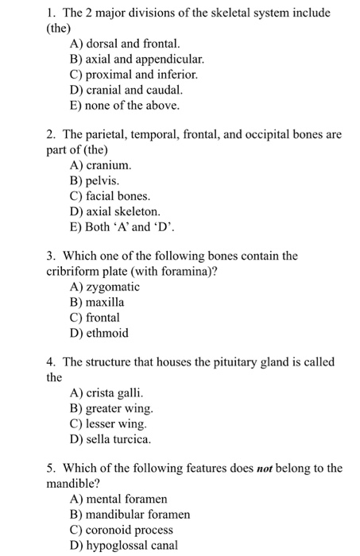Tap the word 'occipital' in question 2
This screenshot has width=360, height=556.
point(254,135)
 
